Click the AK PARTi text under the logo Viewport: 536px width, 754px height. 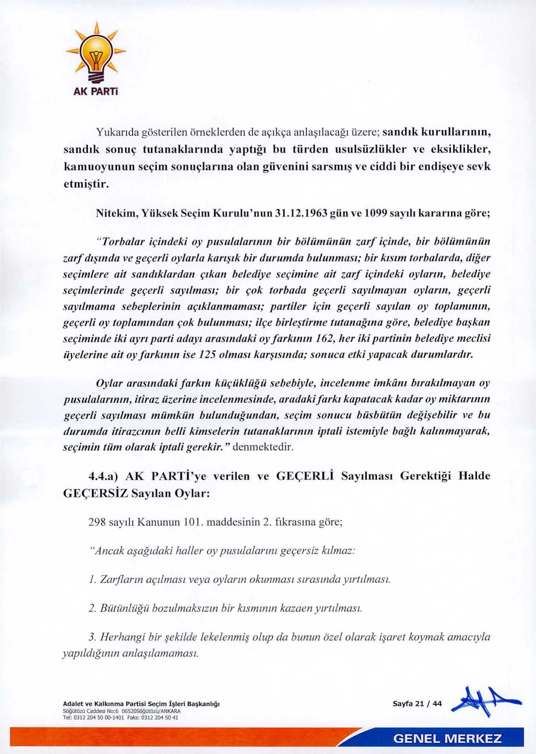(x=95, y=91)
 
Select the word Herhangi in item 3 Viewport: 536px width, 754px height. (x=122, y=637)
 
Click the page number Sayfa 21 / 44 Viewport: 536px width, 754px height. (x=417, y=704)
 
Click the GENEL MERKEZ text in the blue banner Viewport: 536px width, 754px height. (x=447, y=739)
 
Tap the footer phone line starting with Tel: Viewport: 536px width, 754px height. (x=121, y=718)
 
